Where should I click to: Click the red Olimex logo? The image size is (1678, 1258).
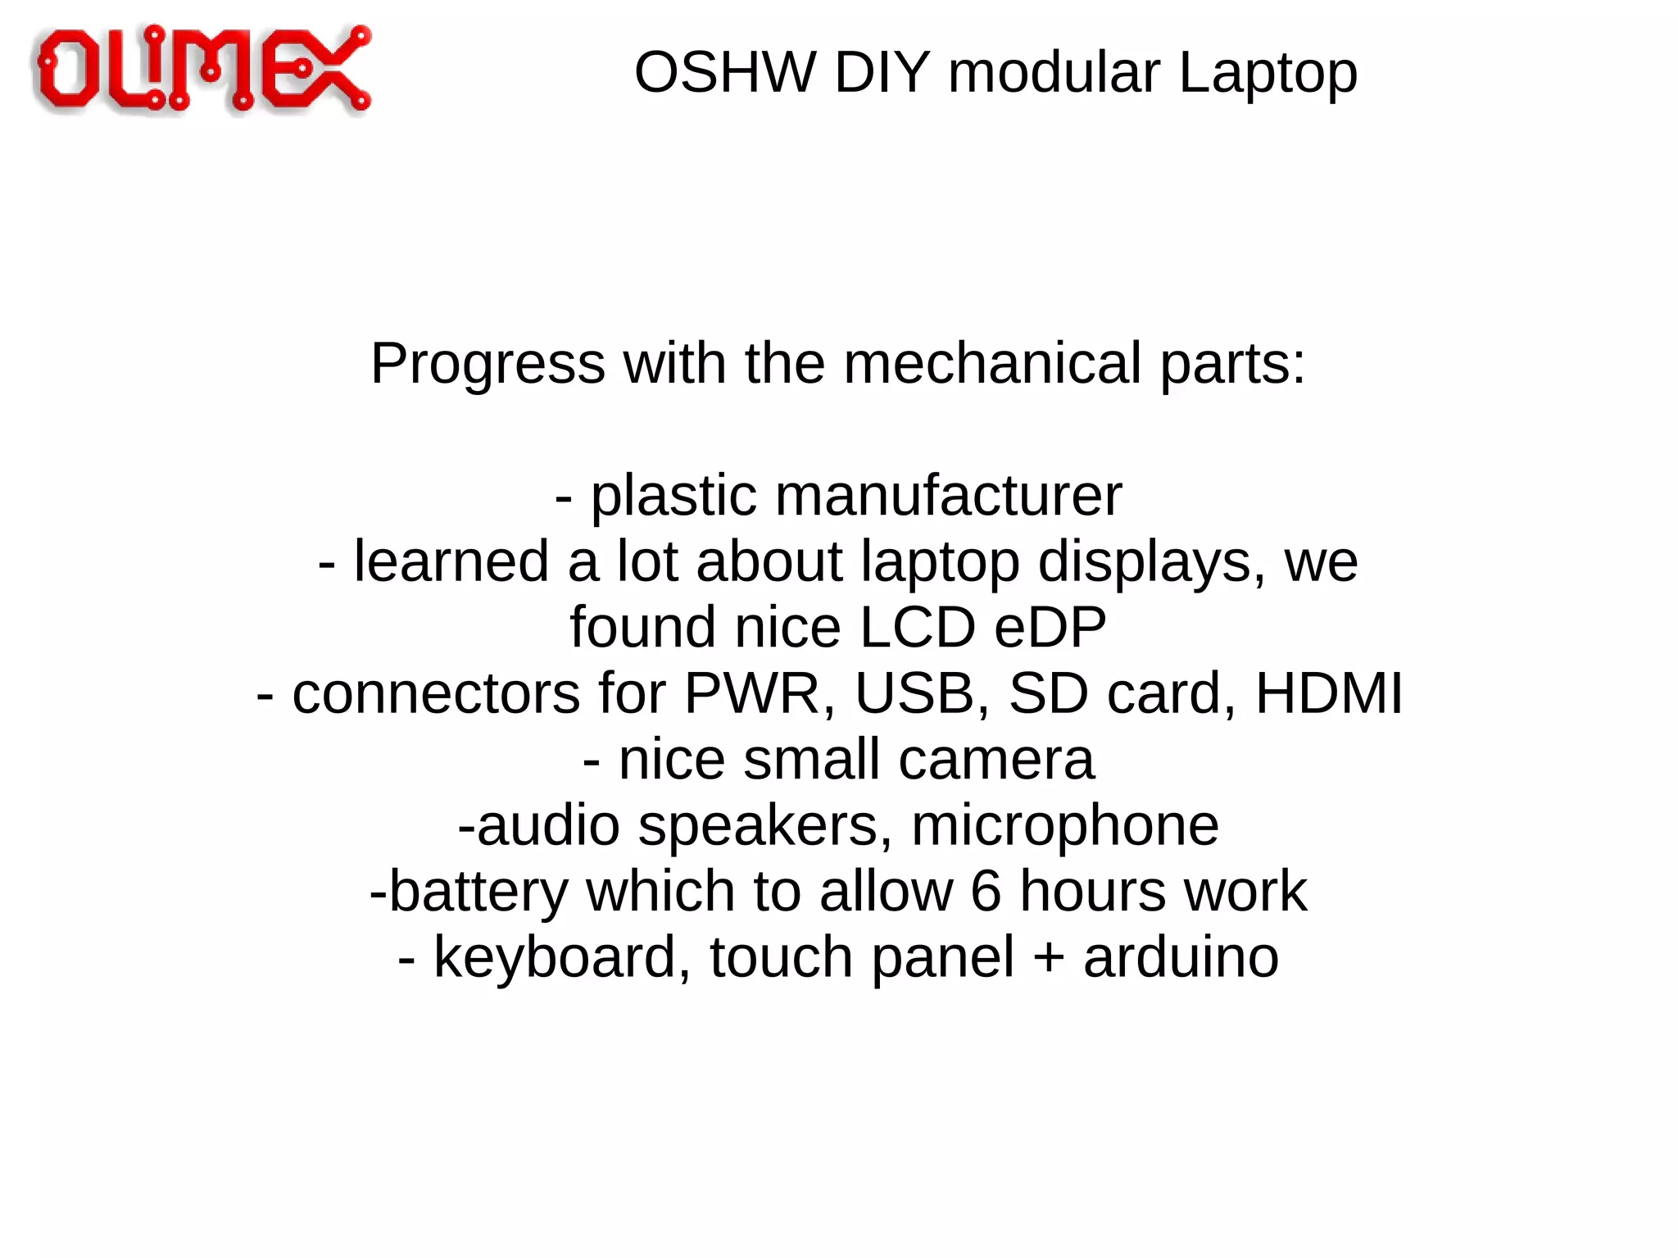[x=202, y=69]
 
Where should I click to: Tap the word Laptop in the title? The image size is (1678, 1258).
[x=1268, y=73]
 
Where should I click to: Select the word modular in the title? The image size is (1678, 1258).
[x=1054, y=73]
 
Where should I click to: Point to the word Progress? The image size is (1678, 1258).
[x=488, y=363]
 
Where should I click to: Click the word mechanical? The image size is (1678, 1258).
[x=992, y=363]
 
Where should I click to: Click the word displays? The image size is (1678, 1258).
[x=1143, y=562]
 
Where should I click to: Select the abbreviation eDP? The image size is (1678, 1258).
[x=1050, y=628]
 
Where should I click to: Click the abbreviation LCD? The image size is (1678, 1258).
[x=917, y=628]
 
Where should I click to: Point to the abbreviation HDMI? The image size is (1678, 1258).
[x=1328, y=694]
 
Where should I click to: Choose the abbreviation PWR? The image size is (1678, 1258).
[x=751, y=694]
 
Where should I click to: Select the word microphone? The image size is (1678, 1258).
[x=1064, y=825]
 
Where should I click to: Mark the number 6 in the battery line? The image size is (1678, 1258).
[x=986, y=892]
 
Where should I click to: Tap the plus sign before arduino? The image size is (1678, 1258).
[x=1048, y=957]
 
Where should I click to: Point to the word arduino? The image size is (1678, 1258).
[x=1181, y=957]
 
